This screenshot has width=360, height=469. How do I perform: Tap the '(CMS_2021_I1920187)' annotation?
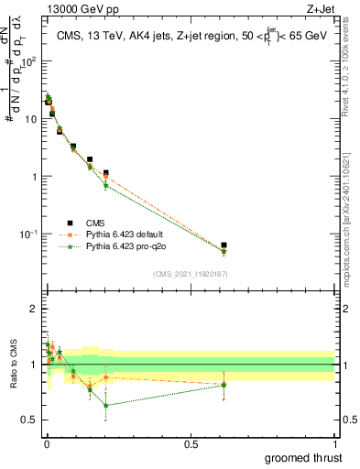point(190,273)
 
